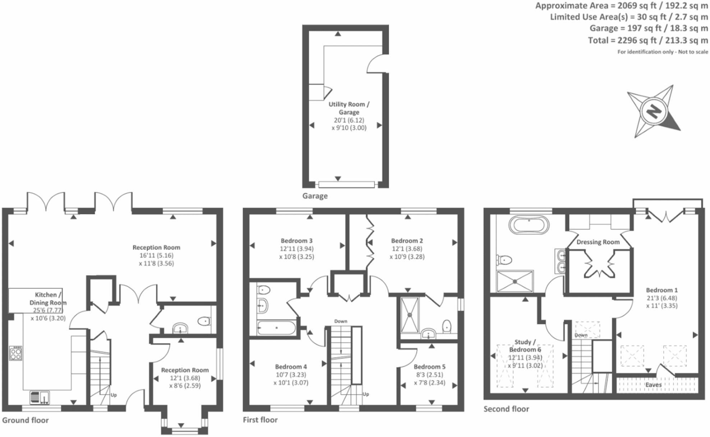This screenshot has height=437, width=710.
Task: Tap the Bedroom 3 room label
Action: (x=296, y=241)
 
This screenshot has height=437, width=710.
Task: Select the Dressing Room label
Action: (x=598, y=242)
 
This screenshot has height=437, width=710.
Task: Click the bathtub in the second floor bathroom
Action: (x=529, y=225)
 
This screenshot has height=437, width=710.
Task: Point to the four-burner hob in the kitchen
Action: (x=16, y=353)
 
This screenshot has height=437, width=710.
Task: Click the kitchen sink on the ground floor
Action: (x=40, y=397)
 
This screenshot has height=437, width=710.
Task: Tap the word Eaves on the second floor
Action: (x=653, y=385)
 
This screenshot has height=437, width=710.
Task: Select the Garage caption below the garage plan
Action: (x=315, y=196)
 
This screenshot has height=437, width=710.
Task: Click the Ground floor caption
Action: (x=25, y=420)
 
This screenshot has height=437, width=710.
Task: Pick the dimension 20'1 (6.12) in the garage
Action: (x=349, y=120)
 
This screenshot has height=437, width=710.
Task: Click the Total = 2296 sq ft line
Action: (x=647, y=40)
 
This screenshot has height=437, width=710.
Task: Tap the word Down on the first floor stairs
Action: (x=341, y=321)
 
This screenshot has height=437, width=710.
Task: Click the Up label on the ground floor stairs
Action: (x=114, y=395)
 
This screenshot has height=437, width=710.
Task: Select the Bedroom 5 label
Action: (x=429, y=367)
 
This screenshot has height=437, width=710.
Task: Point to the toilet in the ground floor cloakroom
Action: (x=204, y=321)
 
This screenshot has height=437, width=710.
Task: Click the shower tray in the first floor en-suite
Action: (x=410, y=315)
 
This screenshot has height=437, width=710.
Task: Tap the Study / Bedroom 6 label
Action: (x=525, y=346)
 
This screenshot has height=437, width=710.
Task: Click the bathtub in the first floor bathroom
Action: (x=276, y=328)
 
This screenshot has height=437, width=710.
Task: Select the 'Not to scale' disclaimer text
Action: (x=693, y=52)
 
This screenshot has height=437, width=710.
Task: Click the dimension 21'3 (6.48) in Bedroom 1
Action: (x=661, y=298)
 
